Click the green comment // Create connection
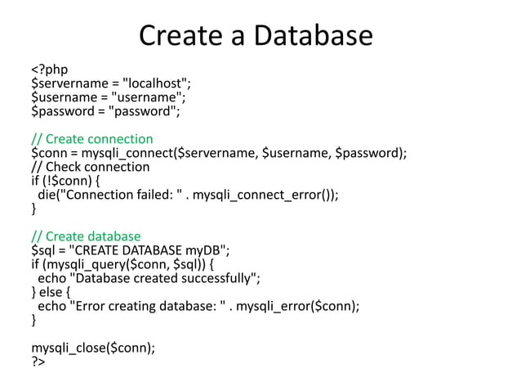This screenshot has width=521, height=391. pos(91,138)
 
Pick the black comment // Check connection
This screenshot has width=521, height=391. pos(90,167)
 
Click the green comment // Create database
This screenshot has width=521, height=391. pos(86,237)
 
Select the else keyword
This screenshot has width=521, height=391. pos(51,293)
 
